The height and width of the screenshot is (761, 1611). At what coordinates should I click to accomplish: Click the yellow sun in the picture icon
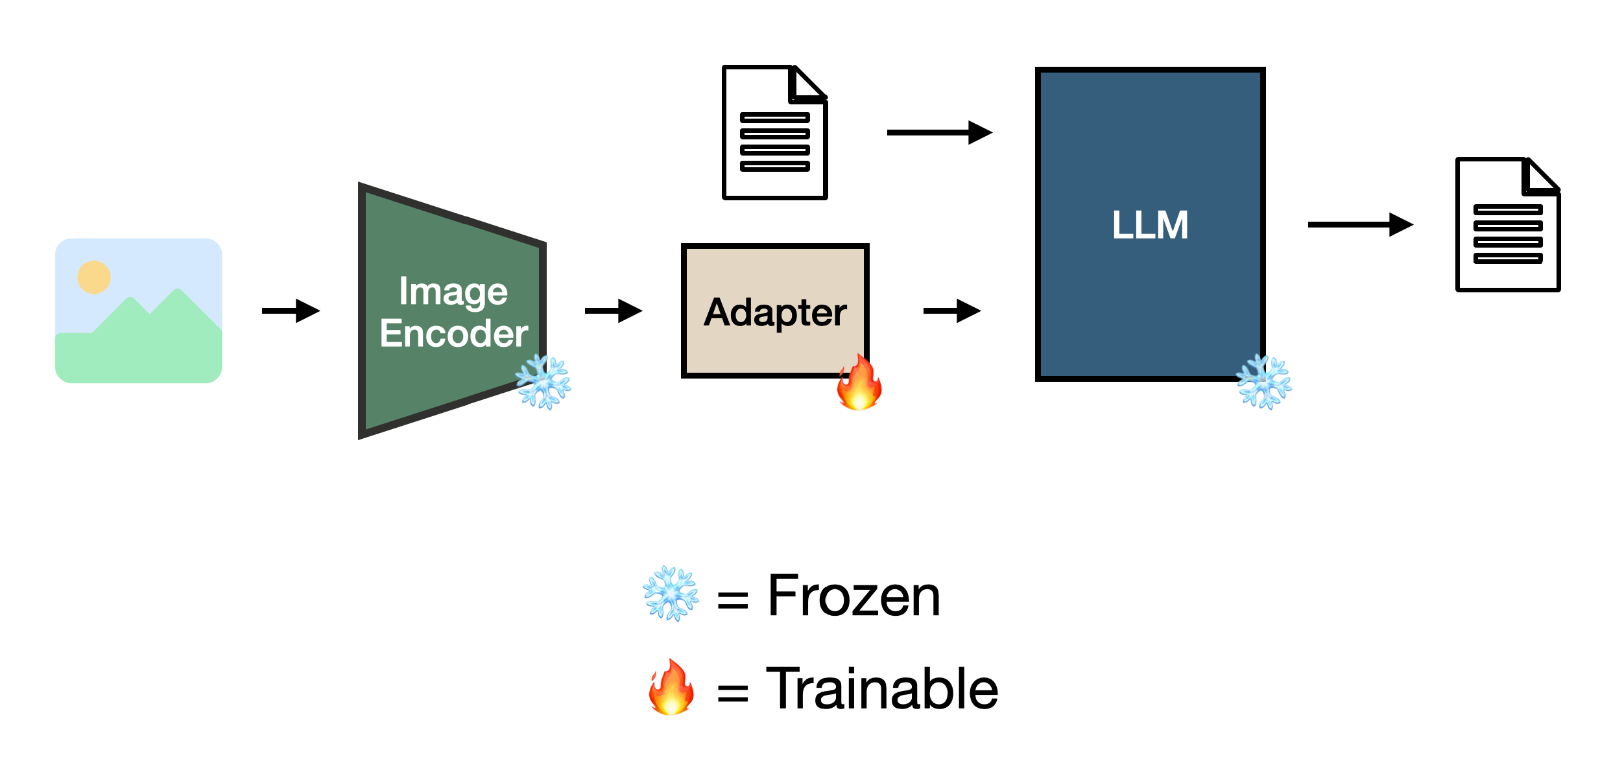[x=94, y=277]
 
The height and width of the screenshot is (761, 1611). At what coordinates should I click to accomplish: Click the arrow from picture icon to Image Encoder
[x=291, y=310]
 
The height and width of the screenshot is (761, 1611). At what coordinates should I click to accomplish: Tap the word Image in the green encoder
[x=453, y=292]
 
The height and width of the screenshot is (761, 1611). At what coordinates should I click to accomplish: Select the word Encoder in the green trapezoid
[x=453, y=334]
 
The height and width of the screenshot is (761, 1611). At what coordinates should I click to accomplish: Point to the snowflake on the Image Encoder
[x=543, y=382]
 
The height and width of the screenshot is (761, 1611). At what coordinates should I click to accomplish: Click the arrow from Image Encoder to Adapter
[x=614, y=310]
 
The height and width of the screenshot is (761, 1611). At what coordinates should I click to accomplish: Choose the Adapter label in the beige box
[x=775, y=312]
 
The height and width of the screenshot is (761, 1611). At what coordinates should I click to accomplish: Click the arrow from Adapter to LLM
[x=951, y=310]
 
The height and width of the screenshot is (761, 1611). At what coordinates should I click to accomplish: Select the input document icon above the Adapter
[x=775, y=133]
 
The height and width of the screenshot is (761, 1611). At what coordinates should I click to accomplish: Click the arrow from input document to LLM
[x=939, y=132]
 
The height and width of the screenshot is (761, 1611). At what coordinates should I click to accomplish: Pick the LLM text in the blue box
[x=1150, y=225]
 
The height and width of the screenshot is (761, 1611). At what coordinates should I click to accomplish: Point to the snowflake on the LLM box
[x=1264, y=382]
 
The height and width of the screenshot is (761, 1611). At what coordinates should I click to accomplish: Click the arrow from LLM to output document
[x=1360, y=224]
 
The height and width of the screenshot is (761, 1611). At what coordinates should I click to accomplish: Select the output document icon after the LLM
[x=1508, y=225]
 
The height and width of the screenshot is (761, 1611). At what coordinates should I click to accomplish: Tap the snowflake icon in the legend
[x=671, y=594]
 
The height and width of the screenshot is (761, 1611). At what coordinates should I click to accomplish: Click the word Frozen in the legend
[x=853, y=596]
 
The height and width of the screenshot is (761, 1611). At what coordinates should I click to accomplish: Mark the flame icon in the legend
[x=671, y=688]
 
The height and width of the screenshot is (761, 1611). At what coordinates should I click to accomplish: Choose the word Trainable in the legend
[x=882, y=689]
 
